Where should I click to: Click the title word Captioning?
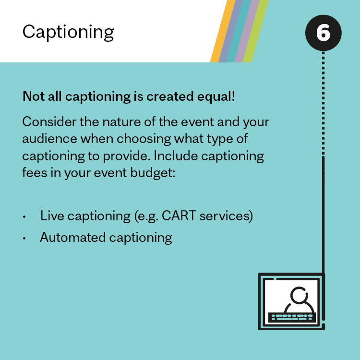(x=68, y=33)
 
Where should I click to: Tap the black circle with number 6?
(x=323, y=33)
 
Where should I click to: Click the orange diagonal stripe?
(x=223, y=31)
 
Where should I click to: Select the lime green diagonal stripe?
(x=256, y=31)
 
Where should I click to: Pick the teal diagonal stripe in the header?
(x=239, y=31)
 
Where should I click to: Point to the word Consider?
(x=49, y=122)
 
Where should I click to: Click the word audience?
(x=49, y=139)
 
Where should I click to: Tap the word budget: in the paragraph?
(x=153, y=173)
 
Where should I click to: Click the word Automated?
(x=73, y=238)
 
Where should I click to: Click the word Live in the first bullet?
(x=52, y=216)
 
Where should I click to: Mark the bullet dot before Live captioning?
(x=24, y=217)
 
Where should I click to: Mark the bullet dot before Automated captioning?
(x=24, y=238)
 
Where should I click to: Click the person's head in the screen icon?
(x=299, y=295)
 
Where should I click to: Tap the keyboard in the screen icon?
(x=292, y=317)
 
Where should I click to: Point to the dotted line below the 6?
(x=323, y=103)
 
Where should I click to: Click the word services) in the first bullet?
(x=226, y=216)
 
